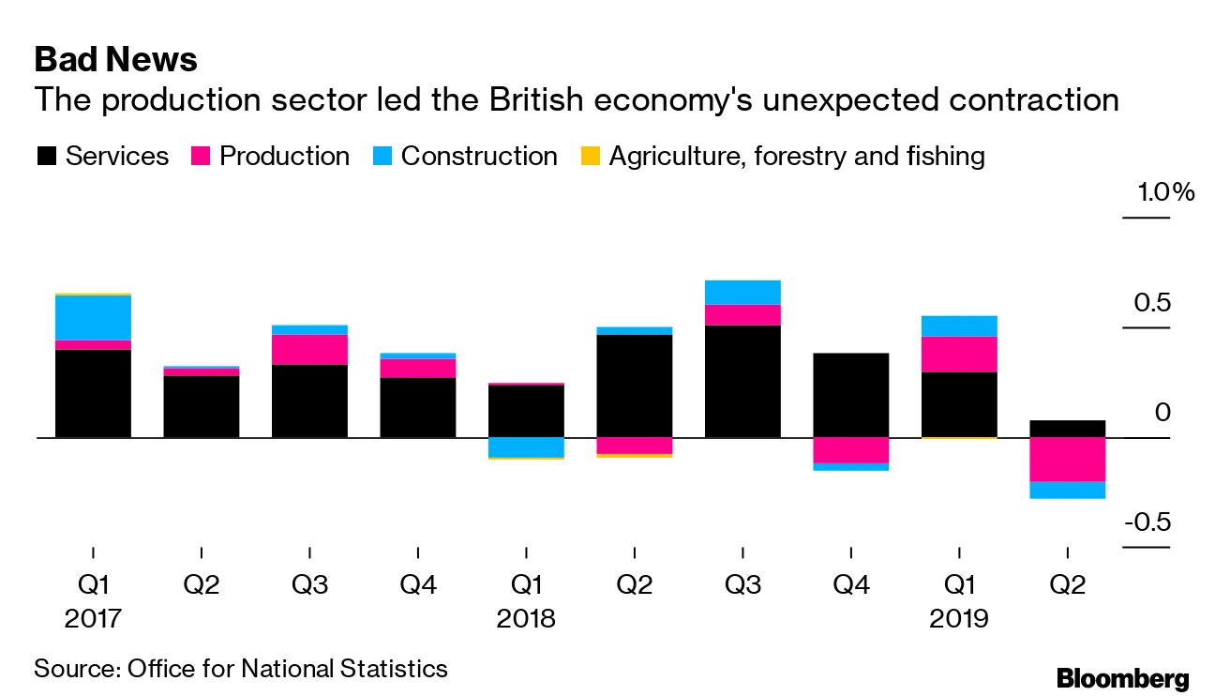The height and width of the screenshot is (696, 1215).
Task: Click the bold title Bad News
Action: point(115,60)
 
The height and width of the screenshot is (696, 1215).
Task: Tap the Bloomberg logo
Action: point(1122,679)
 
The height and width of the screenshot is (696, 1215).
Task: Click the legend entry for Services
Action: point(102,156)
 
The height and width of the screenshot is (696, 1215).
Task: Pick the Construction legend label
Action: point(478,156)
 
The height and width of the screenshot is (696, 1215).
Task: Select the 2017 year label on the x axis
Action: point(93,619)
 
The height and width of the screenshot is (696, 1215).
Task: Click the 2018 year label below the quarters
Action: point(526,619)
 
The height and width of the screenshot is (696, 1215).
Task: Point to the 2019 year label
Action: point(958,619)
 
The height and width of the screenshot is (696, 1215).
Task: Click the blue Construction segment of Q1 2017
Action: point(93,318)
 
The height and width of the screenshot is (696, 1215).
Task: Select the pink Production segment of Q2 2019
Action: point(1067,460)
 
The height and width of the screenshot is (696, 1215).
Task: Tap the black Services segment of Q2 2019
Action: point(1067,429)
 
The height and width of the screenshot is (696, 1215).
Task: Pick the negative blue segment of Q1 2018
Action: point(526,446)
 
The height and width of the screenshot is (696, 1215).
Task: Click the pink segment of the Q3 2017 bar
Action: point(309,349)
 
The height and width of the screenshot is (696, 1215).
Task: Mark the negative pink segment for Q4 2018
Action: point(850,450)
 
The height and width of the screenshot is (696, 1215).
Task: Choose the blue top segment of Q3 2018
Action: point(742,292)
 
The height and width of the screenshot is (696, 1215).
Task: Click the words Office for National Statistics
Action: point(287,669)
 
